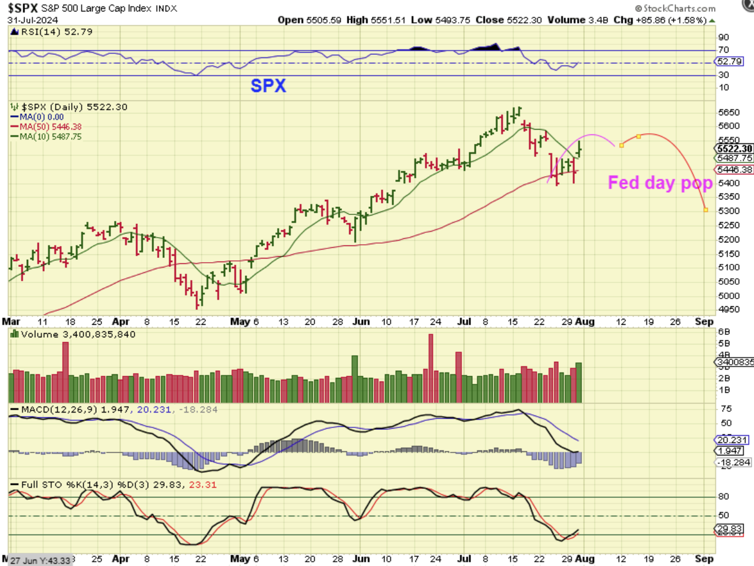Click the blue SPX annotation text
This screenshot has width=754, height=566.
click(267, 85)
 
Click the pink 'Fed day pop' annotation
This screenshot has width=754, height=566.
click(660, 183)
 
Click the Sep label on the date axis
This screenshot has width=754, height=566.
click(704, 321)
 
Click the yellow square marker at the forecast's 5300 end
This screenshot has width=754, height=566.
click(706, 210)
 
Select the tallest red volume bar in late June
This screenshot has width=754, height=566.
click(430, 368)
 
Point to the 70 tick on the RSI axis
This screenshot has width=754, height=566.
click(724, 50)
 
